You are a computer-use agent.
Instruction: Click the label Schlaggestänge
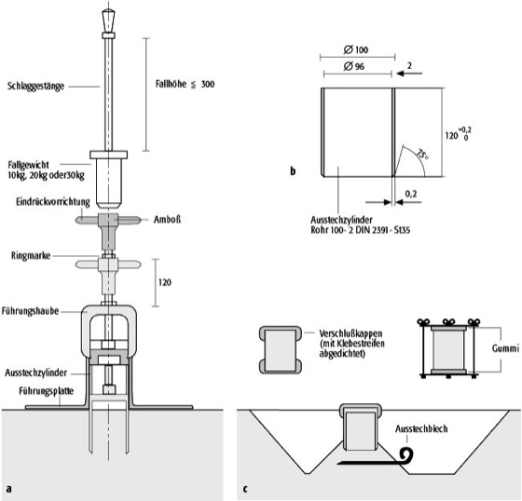36,87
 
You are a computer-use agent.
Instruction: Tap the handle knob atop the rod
108,20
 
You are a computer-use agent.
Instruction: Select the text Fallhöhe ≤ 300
185,84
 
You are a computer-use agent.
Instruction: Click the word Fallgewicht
28,165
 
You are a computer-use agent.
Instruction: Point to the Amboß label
167,220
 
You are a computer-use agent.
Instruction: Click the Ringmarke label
31,256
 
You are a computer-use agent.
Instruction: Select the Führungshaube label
30,311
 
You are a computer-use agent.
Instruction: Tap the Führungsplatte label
47,391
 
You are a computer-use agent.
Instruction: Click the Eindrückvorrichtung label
53,202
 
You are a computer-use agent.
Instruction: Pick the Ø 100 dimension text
356,50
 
